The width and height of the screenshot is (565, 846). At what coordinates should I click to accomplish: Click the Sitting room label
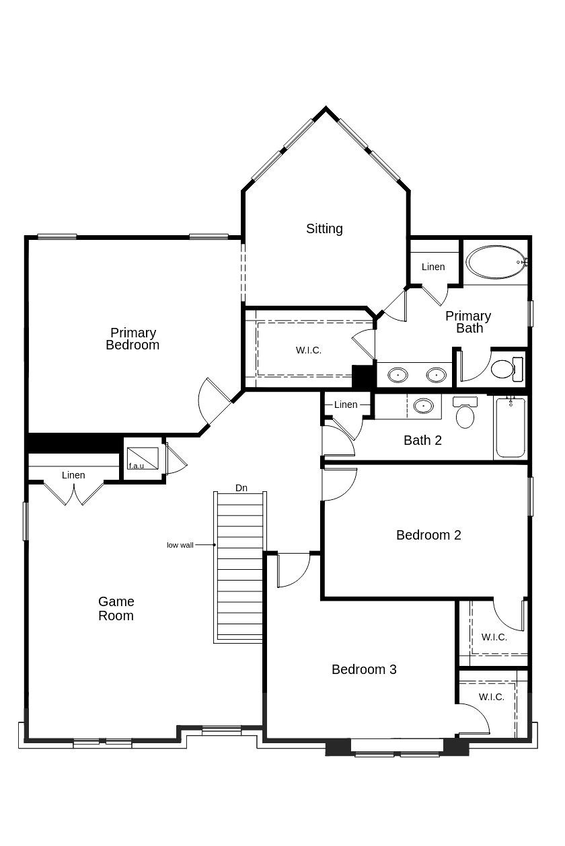[324, 228]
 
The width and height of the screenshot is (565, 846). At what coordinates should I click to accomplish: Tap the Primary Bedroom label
[133, 339]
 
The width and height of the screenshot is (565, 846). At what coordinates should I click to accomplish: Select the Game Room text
[116, 608]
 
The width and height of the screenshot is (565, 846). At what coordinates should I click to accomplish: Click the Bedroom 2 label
[428, 535]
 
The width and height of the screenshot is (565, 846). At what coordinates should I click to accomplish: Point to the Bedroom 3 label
[364, 669]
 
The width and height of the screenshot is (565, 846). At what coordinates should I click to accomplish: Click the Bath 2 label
[422, 440]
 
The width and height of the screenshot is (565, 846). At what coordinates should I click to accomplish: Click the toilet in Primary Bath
[504, 368]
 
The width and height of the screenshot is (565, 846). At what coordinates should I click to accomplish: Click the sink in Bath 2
[423, 406]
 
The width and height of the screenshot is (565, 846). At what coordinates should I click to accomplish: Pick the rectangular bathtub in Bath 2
[510, 427]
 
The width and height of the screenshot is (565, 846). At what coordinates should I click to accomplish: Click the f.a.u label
[136, 466]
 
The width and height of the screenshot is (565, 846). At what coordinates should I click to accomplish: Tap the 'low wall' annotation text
[180, 545]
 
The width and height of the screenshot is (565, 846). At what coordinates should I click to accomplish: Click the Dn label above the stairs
[241, 488]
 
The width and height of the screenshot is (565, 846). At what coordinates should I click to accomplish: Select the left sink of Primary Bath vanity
[398, 374]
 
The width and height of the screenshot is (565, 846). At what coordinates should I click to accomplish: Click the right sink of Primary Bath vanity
[437, 374]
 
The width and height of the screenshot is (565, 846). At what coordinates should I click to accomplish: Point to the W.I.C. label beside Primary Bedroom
[309, 350]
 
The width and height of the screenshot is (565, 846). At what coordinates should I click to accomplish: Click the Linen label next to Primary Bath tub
[433, 267]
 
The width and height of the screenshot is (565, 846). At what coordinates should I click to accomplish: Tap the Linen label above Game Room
[73, 475]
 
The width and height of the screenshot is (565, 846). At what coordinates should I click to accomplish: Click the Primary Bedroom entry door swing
[214, 403]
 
